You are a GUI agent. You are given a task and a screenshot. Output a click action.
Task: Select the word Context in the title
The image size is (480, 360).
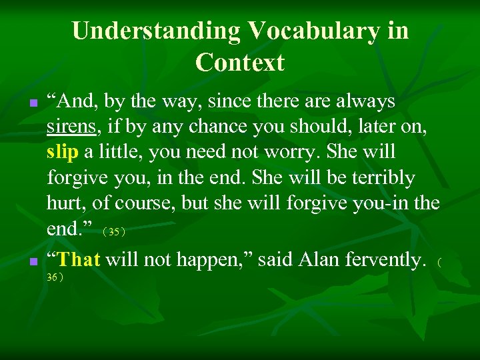pos(240,63)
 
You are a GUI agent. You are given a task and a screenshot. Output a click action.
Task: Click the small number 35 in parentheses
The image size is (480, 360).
pos(114,232)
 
